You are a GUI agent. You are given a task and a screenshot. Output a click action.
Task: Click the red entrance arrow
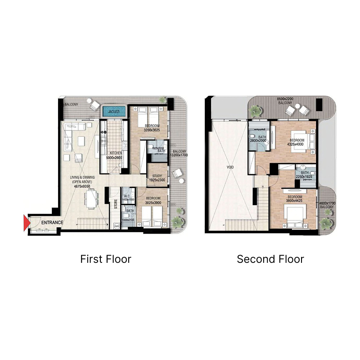[27, 223]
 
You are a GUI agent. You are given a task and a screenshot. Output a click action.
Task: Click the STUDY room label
[157, 176]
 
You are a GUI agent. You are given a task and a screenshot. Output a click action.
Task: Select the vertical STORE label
[116, 205]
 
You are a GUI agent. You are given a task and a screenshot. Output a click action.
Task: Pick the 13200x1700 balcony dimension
[179, 155]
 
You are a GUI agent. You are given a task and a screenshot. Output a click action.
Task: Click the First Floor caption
[106, 259]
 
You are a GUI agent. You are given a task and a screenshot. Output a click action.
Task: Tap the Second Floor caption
[270, 259]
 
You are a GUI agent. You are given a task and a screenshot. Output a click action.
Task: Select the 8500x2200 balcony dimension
[285, 99]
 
